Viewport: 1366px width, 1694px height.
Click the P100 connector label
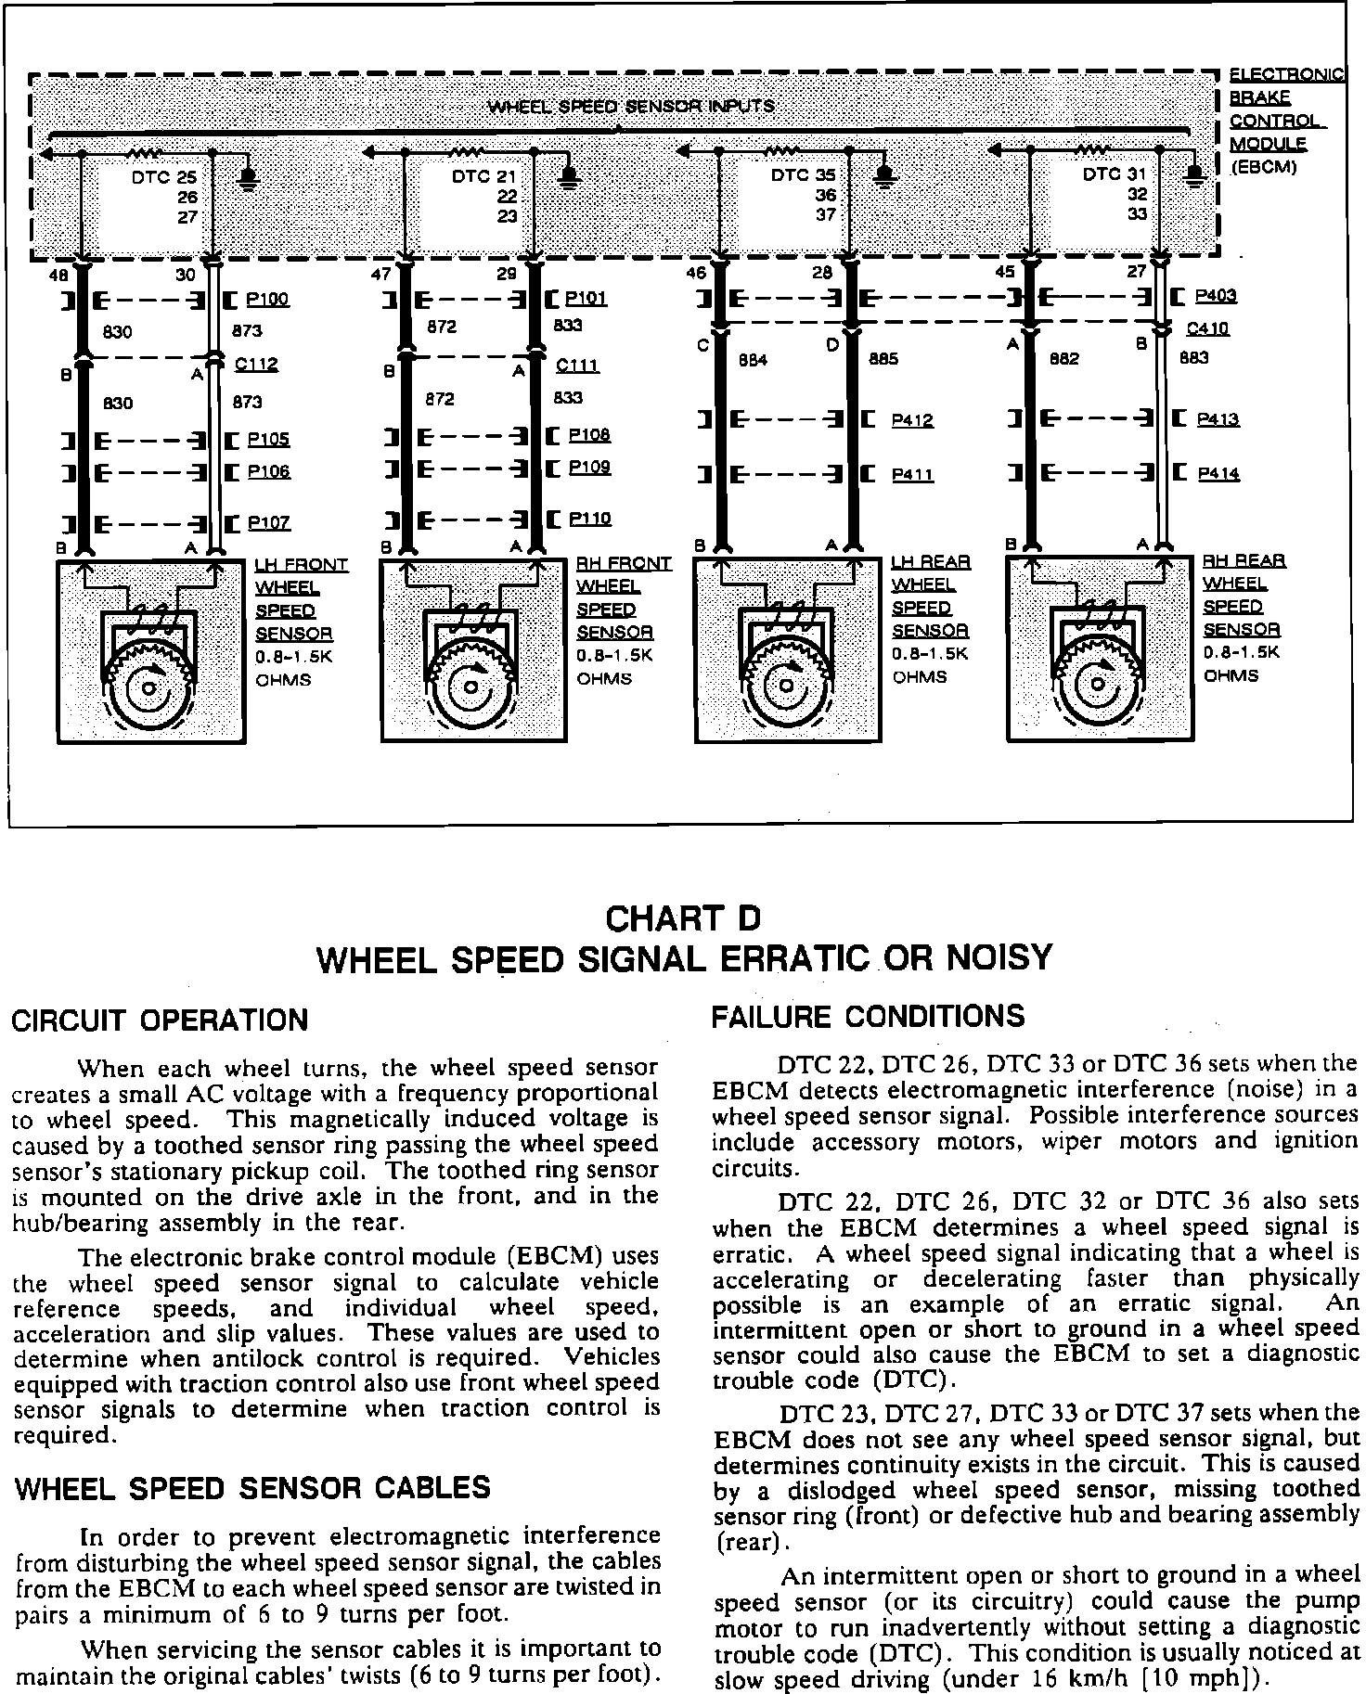(268, 300)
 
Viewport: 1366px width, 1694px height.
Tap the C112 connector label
(256, 365)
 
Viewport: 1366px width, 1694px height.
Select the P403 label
(1216, 296)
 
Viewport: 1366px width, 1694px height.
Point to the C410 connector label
(1207, 328)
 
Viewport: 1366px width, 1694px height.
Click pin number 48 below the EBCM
(58, 275)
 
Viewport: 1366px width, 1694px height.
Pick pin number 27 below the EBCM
(1136, 273)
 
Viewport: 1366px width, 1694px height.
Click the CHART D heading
(682, 918)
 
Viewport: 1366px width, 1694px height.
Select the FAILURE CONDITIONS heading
(868, 1017)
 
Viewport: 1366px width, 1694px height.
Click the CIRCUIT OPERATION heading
(160, 1020)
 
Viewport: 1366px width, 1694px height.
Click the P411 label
(912, 475)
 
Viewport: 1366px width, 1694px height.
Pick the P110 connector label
(589, 519)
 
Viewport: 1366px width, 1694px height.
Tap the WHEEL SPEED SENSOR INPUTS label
(631, 106)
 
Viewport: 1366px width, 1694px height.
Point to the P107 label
(269, 523)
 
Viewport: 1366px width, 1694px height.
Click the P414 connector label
(1218, 474)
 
